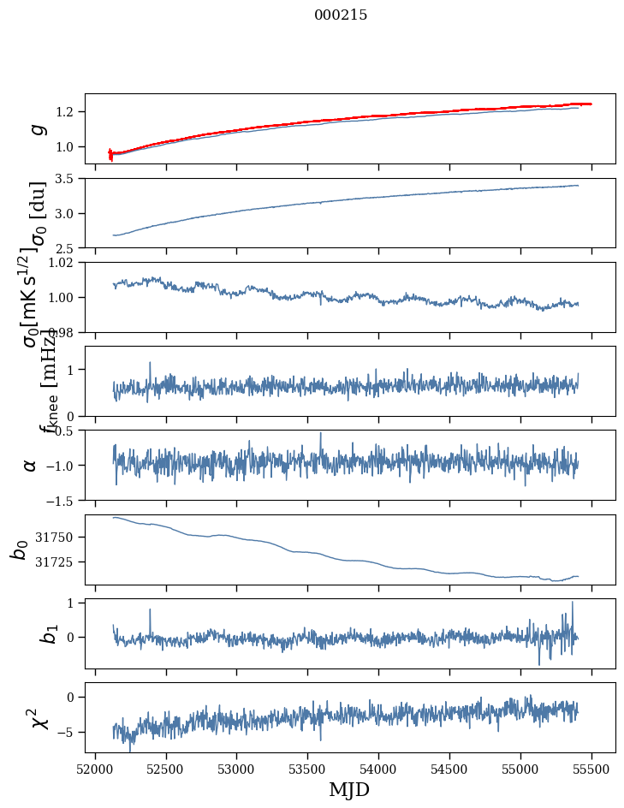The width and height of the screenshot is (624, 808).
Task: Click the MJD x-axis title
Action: pos(349,789)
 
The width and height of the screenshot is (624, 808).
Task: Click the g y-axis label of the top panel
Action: pos(36,128)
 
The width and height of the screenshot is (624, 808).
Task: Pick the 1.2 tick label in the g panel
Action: pos(67,112)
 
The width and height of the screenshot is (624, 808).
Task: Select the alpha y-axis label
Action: pos(31,465)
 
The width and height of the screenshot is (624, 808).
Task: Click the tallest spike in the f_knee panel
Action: pos(150,363)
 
